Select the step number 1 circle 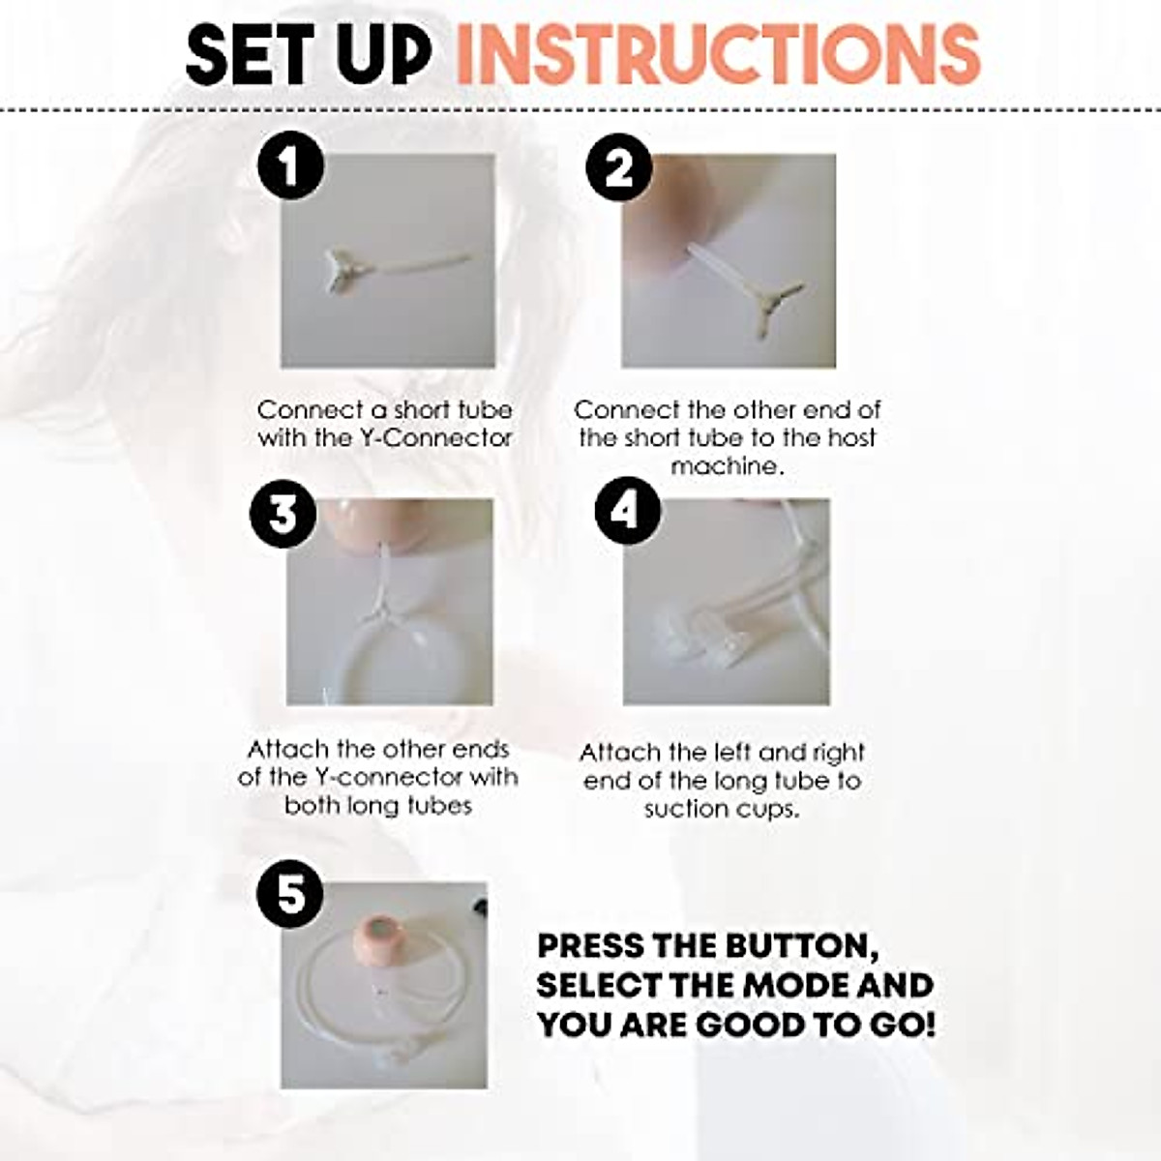point(289,167)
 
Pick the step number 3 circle point(283,513)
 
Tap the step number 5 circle point(290,893)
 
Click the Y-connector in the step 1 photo point(345,268)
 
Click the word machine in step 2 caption point(726,466)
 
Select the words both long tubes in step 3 point(378,806)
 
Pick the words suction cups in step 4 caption point(722,809)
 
